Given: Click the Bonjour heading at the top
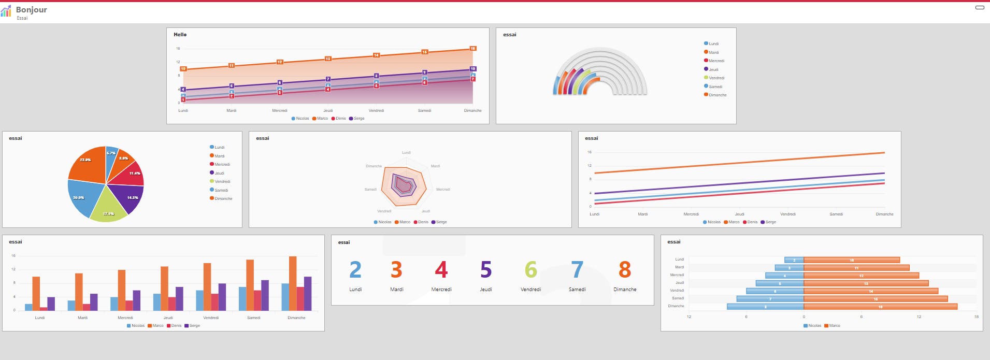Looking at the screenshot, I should coord(31,10).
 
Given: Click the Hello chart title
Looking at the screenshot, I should coord(180,35).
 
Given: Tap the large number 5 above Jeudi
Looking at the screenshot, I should coord(485,270).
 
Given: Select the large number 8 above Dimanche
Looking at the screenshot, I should coord(624,270).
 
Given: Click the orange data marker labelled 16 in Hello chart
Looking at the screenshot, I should coord(472,49).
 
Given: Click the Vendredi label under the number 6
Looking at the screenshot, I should coord(530,290).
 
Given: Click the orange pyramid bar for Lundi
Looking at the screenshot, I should coord(851,260).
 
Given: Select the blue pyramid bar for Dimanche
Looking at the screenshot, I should coord(765,307).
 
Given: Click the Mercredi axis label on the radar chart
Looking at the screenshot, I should coord(443,190).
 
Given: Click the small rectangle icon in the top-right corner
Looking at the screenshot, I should coord(980,8).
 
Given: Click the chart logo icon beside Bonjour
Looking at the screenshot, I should coord(6,11).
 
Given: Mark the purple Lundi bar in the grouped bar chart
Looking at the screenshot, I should coord(51,304).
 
